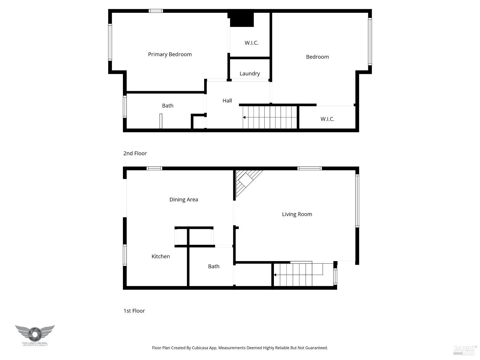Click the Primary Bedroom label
click(170, 54)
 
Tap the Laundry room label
click(250, 74)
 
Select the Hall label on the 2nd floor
click(227, 100)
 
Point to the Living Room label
click(297, 214)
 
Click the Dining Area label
click(184, 199)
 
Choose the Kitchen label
click(161, 256)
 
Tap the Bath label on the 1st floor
click(214, 266)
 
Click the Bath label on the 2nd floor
click(168, 106)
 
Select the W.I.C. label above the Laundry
click(252, 43)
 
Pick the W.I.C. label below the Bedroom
click(327, 119)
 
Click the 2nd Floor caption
click(135, 153)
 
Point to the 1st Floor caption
click(134, 311)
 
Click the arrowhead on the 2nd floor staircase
click(244, 117)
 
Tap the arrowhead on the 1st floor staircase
click(275, 275)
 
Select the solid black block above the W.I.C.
click(242, 20)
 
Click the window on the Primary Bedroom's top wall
click(156, 11)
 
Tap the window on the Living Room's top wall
click(309, 168)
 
